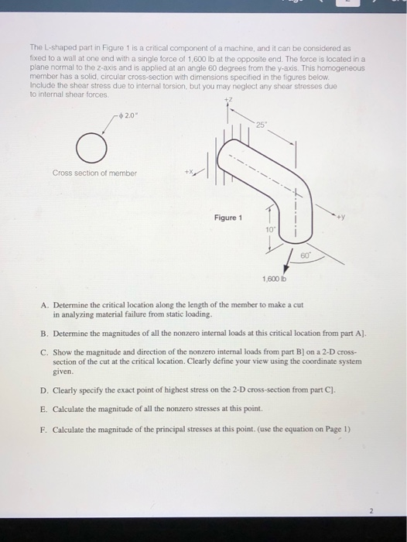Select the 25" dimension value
click(265, 125)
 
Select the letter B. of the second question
click(45, 332)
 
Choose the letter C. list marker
click(45, 351)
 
